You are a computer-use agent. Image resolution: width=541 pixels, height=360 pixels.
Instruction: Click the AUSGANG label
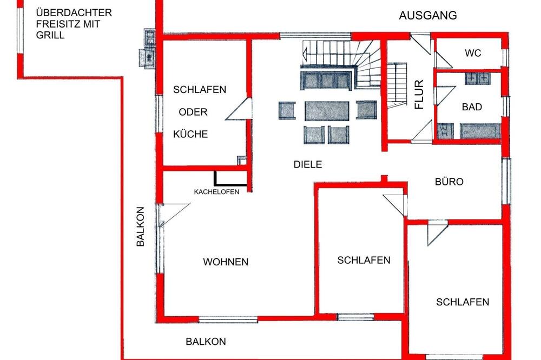click(x=428, y=16)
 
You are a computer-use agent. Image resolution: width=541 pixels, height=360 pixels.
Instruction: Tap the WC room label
click(x=473, y=53)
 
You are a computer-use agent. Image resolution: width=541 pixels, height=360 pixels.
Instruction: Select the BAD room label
click(x=472, y=107)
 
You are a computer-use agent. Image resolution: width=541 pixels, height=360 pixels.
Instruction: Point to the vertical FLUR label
click(x=419, y=95)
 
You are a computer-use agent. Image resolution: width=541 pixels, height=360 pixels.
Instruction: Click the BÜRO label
click(x=449, y=182)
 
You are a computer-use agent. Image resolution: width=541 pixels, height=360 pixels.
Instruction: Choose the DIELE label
click(x=308, y=164)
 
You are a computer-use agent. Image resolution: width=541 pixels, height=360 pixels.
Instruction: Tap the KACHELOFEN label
click(x=217, y=192)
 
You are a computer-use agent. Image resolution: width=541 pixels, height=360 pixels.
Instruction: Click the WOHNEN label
click(x=226, y=262)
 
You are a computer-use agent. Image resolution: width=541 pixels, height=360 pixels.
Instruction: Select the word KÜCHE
click(x=190, y=134)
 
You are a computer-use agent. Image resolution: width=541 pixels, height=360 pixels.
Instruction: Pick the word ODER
click(x=193, y=112)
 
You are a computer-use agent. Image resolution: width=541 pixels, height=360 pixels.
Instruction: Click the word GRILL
click(x=50, y=35)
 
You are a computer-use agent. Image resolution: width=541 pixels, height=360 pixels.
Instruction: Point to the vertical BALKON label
click(x=141, y=226)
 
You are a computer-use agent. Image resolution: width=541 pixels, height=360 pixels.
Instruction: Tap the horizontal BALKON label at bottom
click(x=206, y=342)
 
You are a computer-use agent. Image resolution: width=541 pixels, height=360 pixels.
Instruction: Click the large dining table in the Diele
click(x=327, y=111)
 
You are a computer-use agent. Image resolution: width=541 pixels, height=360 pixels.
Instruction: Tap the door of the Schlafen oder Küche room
click(x=239, y=109)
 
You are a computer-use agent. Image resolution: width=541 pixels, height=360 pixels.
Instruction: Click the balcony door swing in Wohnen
click(x=174, y=215)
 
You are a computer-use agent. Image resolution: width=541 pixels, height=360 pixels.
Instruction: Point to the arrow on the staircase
click(x=305, y=54)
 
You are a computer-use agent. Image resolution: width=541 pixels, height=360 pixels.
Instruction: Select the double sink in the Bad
click(x=478, y=78)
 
